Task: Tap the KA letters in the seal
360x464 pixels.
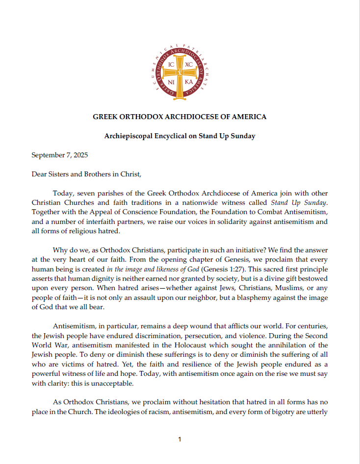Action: coord(188,82)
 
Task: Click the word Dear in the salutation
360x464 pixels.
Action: coord(40,174)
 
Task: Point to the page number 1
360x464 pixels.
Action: coord(180,440)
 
